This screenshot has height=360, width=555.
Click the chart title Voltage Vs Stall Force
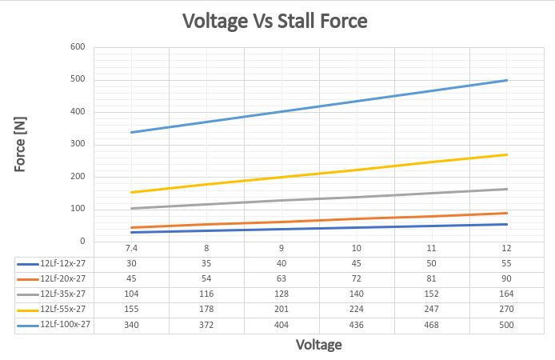274,21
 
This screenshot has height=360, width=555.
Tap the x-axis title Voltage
319,345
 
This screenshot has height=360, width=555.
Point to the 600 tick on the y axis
78,47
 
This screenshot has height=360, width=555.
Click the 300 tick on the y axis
78,145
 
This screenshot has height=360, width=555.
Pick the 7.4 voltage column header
132,248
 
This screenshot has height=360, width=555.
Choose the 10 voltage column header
357,248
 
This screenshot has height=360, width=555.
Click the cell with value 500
507,325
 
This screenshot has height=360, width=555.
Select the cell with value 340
132,325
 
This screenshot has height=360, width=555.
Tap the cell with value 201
281,310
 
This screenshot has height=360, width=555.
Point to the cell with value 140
357,294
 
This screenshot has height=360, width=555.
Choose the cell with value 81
432,278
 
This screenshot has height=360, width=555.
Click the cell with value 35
206,262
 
